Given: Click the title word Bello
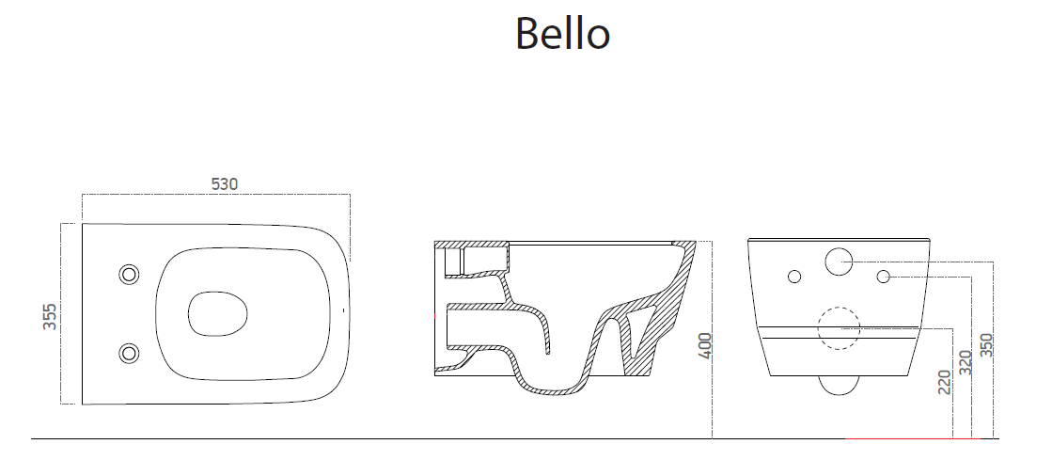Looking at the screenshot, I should [x=562, y=34].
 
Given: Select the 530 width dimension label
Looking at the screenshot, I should [x=223, y=184].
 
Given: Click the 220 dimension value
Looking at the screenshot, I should [x=944, y=382].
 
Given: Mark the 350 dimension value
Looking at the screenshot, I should [x=986, y=345].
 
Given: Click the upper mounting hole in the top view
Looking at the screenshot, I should [x=129, y=274].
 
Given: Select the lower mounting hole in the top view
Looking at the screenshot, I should [x=129, y=352].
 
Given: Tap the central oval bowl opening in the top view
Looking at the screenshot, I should [x=217, y=313].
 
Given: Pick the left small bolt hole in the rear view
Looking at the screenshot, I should [x=793, y=276].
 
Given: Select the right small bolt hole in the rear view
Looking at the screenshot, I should [x=883, y=276].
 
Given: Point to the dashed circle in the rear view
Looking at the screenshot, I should [x=838, y=326].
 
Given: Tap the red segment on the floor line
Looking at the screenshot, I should [x=912, y=438].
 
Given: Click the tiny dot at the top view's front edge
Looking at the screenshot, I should [x=344, y=309].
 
